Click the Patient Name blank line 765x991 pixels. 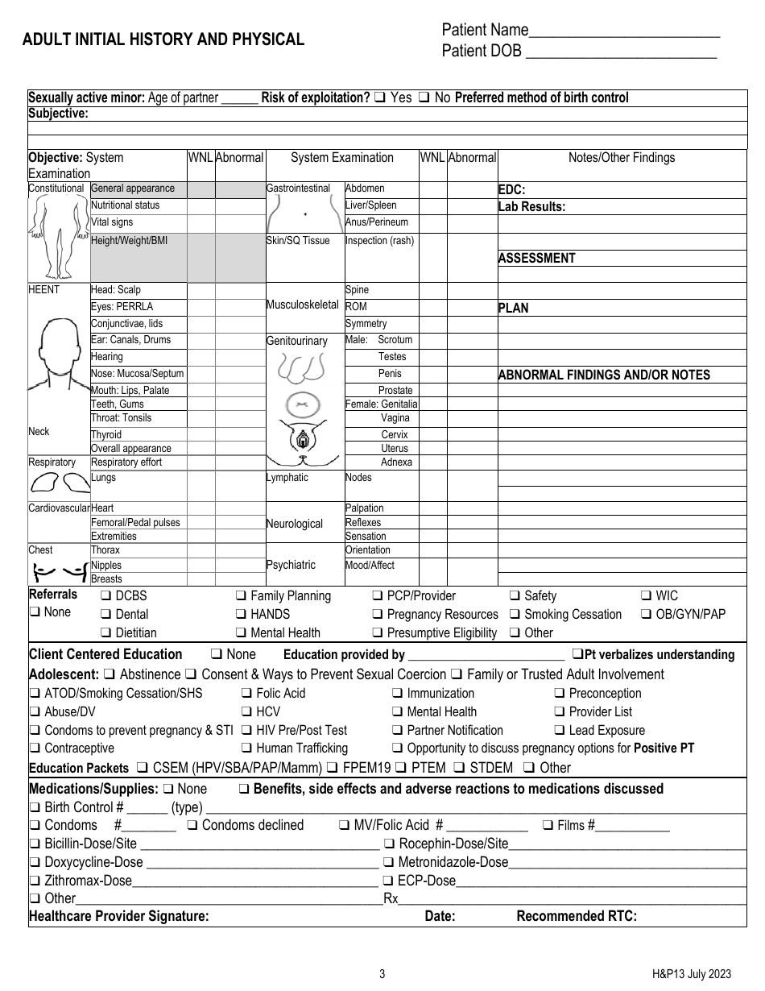pos(624,34)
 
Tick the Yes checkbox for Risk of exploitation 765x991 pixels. pos(379,98)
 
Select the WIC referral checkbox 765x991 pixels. pos(647,596)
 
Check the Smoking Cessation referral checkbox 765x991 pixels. pos(515,615)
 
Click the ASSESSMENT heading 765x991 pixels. pos(536,259)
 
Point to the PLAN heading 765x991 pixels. pos(514,308)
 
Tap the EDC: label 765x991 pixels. pos(512,191)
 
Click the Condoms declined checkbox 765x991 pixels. pos(192,825)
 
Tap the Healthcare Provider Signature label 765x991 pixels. pos(119,916)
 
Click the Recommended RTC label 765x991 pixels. pos(576,916)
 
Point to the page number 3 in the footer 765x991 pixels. pos(382,974)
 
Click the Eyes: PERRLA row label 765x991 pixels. pos(122,307)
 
